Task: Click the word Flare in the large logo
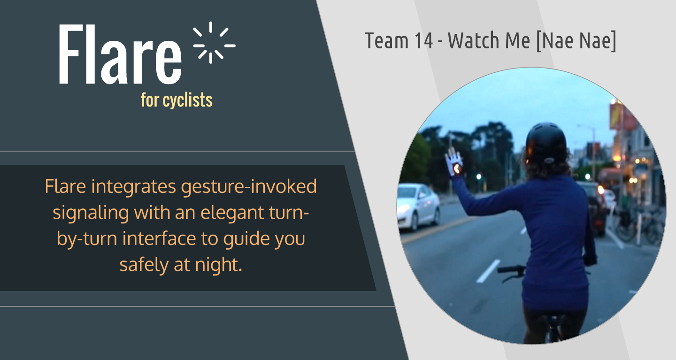tap(120, 54)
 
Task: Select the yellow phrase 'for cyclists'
tap(177, 100)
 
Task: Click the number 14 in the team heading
tap(423, 40)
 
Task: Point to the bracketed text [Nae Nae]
tap(576, 41)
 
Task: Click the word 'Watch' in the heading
tap(474, 40)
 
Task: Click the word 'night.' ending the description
tap(219, 265)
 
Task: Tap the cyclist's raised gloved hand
tap(453, 162)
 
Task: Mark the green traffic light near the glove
tap(479, 176)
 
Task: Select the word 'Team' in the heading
tap(387, 40)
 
